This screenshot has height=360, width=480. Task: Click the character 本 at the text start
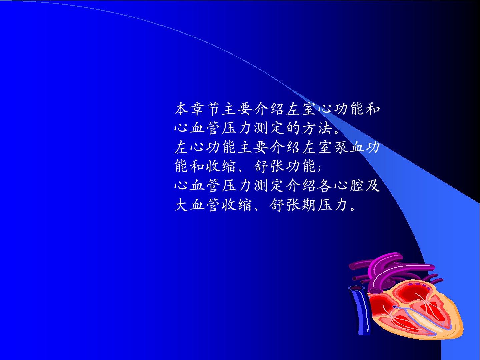(182, 109)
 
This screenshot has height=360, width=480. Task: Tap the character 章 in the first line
(197, 109)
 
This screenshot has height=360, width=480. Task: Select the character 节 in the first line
(213, 109)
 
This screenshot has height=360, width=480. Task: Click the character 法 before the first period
(325, 128)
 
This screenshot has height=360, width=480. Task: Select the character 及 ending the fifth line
(373, 186)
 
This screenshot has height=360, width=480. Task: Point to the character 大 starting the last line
(182, 205)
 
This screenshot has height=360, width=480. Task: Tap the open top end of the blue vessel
(356, 288)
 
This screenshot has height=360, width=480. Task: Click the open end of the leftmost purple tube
(352, 267)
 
